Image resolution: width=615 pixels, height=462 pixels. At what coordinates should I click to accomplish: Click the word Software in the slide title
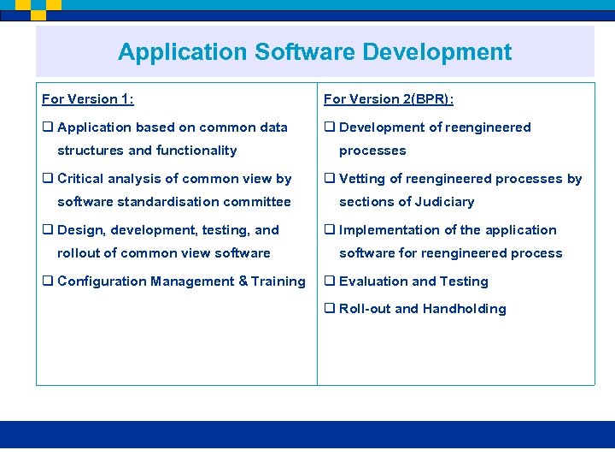tap(304, 52)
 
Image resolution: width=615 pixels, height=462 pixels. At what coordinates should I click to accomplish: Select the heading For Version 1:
tap(88, 99)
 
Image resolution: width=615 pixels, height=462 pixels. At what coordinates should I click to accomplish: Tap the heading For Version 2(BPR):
tap(389, 99)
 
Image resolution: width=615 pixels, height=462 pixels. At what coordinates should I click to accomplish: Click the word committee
tap(258, 202)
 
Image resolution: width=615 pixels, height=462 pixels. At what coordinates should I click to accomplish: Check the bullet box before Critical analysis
tap(48, 179)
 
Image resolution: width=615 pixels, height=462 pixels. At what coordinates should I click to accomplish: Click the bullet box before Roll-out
tap(330, 309)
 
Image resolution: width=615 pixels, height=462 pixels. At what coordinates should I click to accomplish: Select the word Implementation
tap(387, 230)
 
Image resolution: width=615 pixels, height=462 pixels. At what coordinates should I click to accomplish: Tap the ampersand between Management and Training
tap(243, 281)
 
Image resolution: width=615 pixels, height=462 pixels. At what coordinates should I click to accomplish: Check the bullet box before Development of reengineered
tap(330, 127)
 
